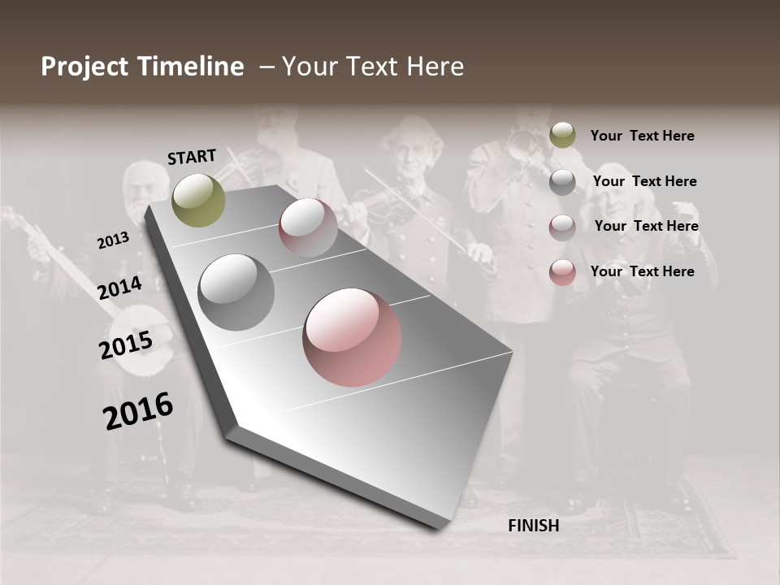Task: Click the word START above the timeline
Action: (192, 157)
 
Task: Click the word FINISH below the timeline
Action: (533, 526)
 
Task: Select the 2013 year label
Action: (113, 240)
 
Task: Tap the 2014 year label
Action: (119, 288)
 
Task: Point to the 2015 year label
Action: (126, 344)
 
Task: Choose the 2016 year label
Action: (138, 411)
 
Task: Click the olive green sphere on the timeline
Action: (199, 200)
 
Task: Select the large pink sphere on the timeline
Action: (352, 337)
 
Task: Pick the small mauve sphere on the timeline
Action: (308, 227)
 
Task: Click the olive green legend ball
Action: (562, 135)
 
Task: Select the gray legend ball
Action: (562, 182)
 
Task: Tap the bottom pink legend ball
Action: (562, 272)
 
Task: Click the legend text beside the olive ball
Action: (642, 136)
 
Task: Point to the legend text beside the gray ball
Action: (644, 181)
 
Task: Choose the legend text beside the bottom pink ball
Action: (642, 271)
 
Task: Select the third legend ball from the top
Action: (562, 227)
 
